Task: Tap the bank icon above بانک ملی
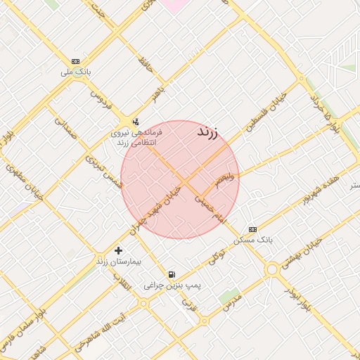(76, 61)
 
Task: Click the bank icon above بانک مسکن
(252, 229)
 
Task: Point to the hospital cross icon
(118, 250)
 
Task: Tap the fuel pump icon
(172, 274)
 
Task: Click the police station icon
(136, 121)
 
